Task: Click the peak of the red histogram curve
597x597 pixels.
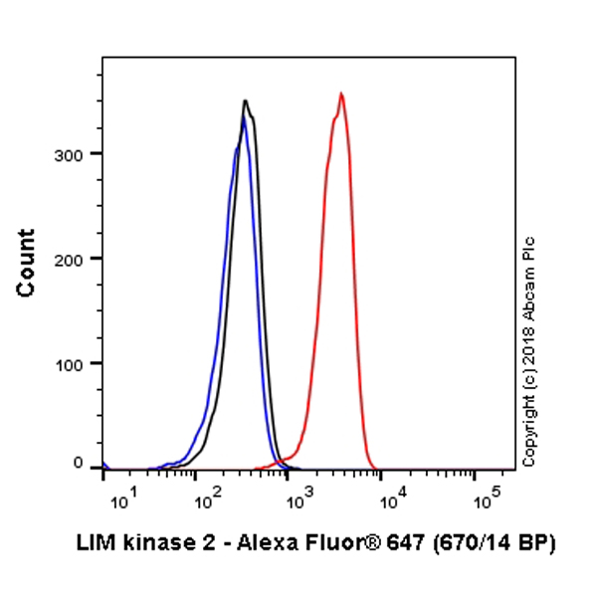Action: [341, 94]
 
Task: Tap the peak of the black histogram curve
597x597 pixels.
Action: [245, 100]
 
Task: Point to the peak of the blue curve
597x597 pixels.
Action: [243, 118]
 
